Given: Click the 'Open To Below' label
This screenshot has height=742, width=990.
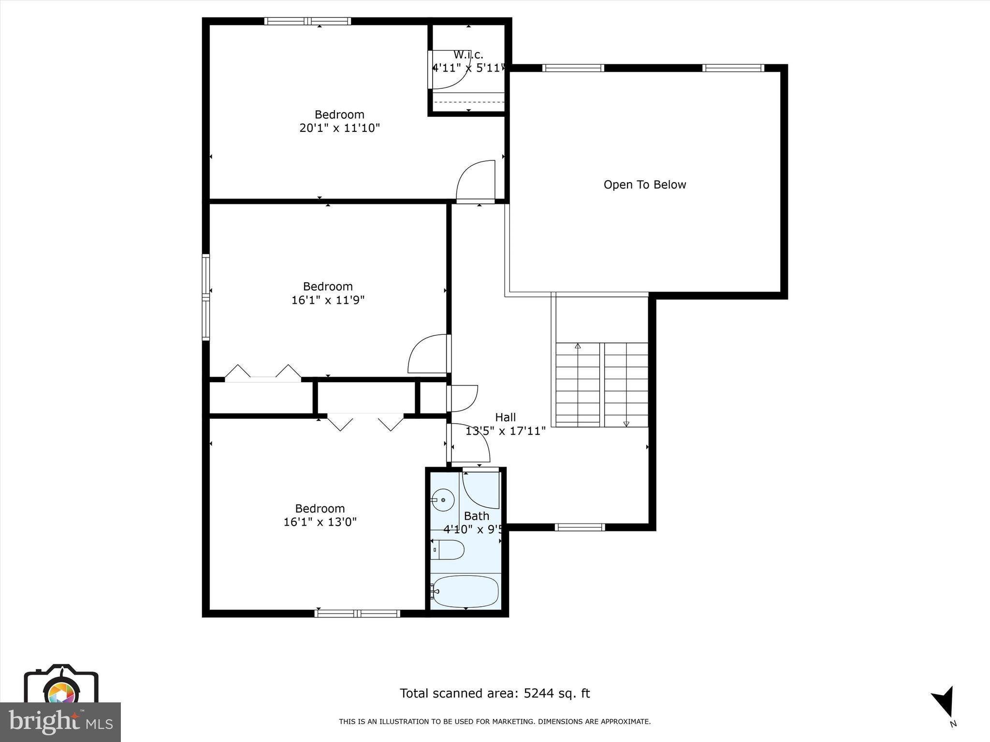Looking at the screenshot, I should [x=644, y=185].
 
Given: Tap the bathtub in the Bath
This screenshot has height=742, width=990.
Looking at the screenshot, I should [x=465, y=591].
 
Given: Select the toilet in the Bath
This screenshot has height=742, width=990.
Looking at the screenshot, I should [x=448, y=550].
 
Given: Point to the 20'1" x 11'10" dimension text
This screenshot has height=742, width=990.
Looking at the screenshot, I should [x=339, y=128].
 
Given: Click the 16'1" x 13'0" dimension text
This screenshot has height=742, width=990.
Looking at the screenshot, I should [x=320, y=522].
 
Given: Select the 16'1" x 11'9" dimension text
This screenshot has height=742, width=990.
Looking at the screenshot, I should [x=328, y=300].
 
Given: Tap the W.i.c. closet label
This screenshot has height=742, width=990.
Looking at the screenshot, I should [x=468, y=55].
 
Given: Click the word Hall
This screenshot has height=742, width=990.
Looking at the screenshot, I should [x=505, y=417].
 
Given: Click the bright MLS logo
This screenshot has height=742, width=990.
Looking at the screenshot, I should [x=60, y=722].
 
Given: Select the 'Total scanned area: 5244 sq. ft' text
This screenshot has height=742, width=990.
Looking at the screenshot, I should [x=495, y=693].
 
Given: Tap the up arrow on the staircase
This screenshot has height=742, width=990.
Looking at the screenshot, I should [x=578, y=346].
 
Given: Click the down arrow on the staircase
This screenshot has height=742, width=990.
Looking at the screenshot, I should [x=626, y=424].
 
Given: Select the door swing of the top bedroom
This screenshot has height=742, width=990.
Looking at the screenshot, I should [x=476, y=181].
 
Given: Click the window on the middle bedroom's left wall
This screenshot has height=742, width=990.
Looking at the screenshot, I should [x=206, y=297].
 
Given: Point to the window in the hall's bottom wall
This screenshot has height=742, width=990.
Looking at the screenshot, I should [x=580, y=527].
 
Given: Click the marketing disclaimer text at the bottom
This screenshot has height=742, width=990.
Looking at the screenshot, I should [x=495, y=722].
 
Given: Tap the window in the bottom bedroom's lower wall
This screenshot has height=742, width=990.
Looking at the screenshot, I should [x=357, y=614].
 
